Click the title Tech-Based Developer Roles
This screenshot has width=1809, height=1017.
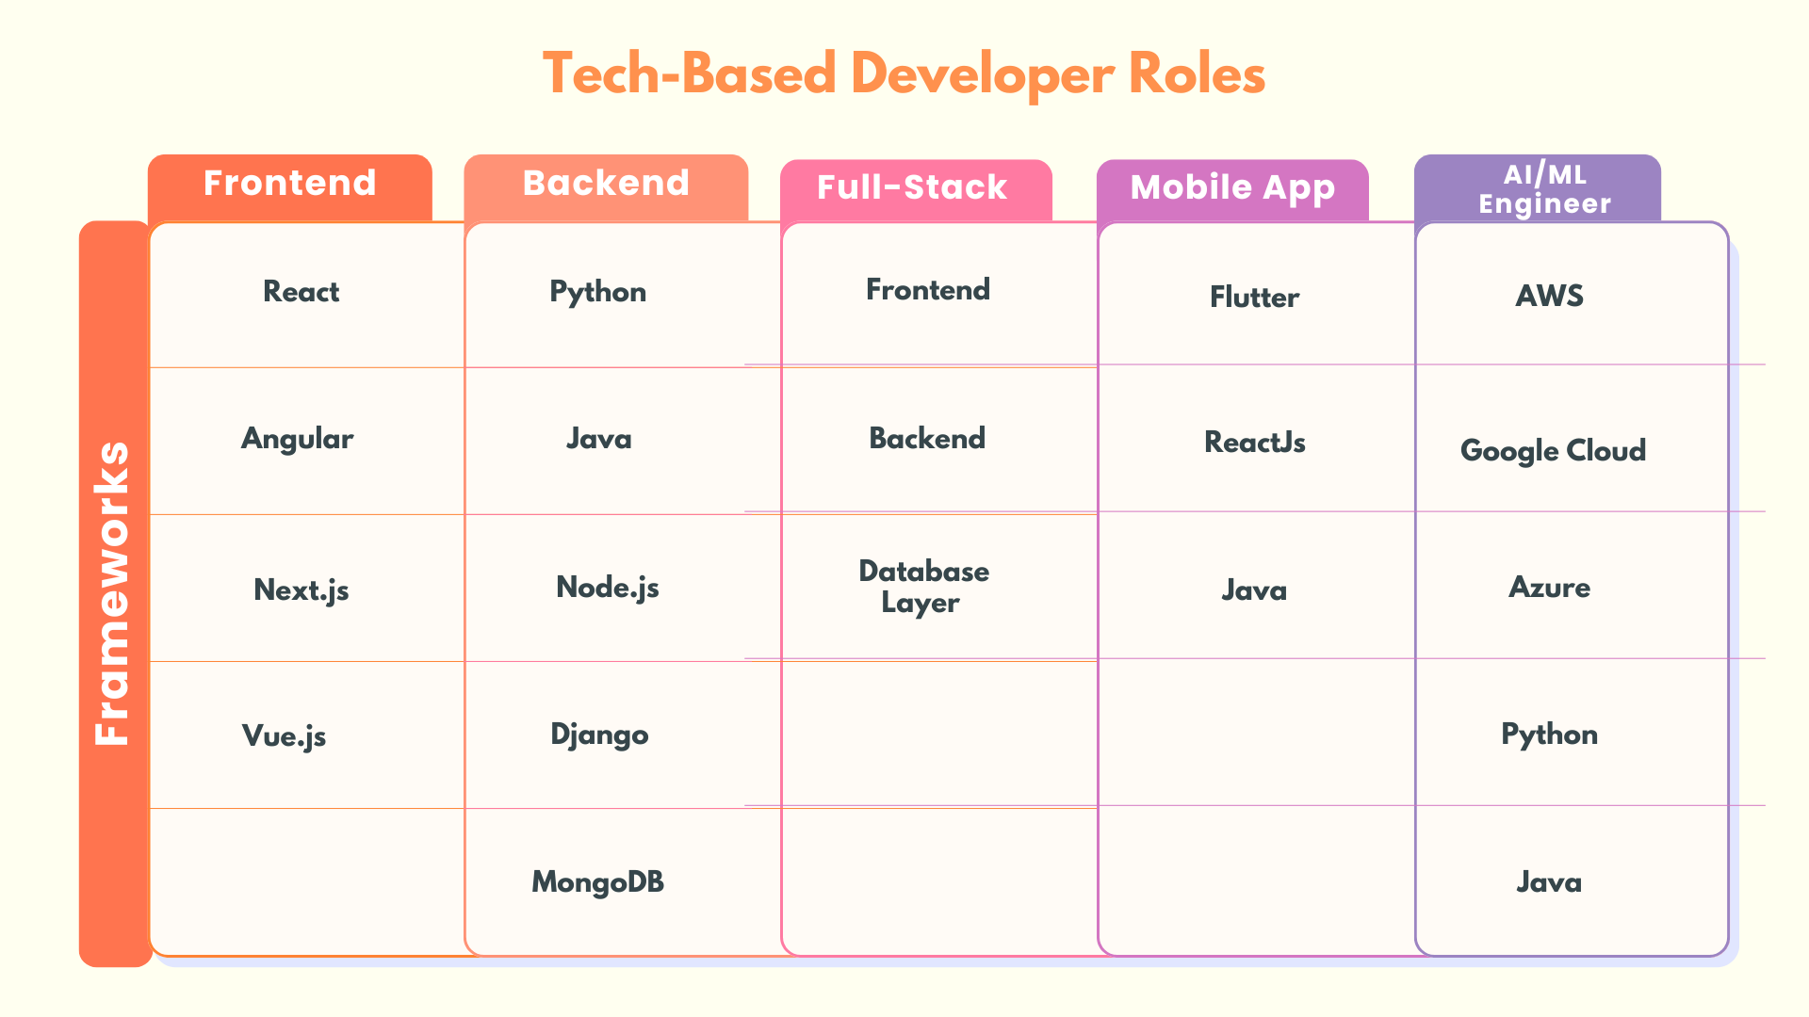(x=904, y=74)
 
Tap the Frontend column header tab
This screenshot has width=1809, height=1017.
(x=290, y=185)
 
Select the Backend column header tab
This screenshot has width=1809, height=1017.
(x=606, y=185)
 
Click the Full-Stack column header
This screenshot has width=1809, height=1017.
(x=913, y=188)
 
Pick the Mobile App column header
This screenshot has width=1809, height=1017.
(x=1232, y=188)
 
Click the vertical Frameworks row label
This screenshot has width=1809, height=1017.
(x=114, y=593)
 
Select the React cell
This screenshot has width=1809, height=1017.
(x=301, y=292)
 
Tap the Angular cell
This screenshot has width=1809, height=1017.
(x=298, y=439)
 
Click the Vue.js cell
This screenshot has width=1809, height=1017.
(x=285, y=735)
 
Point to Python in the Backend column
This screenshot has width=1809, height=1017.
(x=598, y=292)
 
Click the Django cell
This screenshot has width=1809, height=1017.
(x=599, y=734)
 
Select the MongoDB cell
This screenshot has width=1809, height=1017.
(x=598, y=882)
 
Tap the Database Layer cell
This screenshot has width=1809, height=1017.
(x=923, y=587)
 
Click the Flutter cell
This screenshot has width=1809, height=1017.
(x=1255, y=298)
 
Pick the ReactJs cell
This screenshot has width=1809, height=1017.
(x=1255, y=443)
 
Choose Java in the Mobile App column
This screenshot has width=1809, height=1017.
(x=1254, y=590)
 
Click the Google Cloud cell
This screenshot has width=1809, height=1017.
(x=1553, y=451)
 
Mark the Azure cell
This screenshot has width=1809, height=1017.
(x=1550, y=588)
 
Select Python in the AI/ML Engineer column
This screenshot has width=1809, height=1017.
(x=1550, y=734)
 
